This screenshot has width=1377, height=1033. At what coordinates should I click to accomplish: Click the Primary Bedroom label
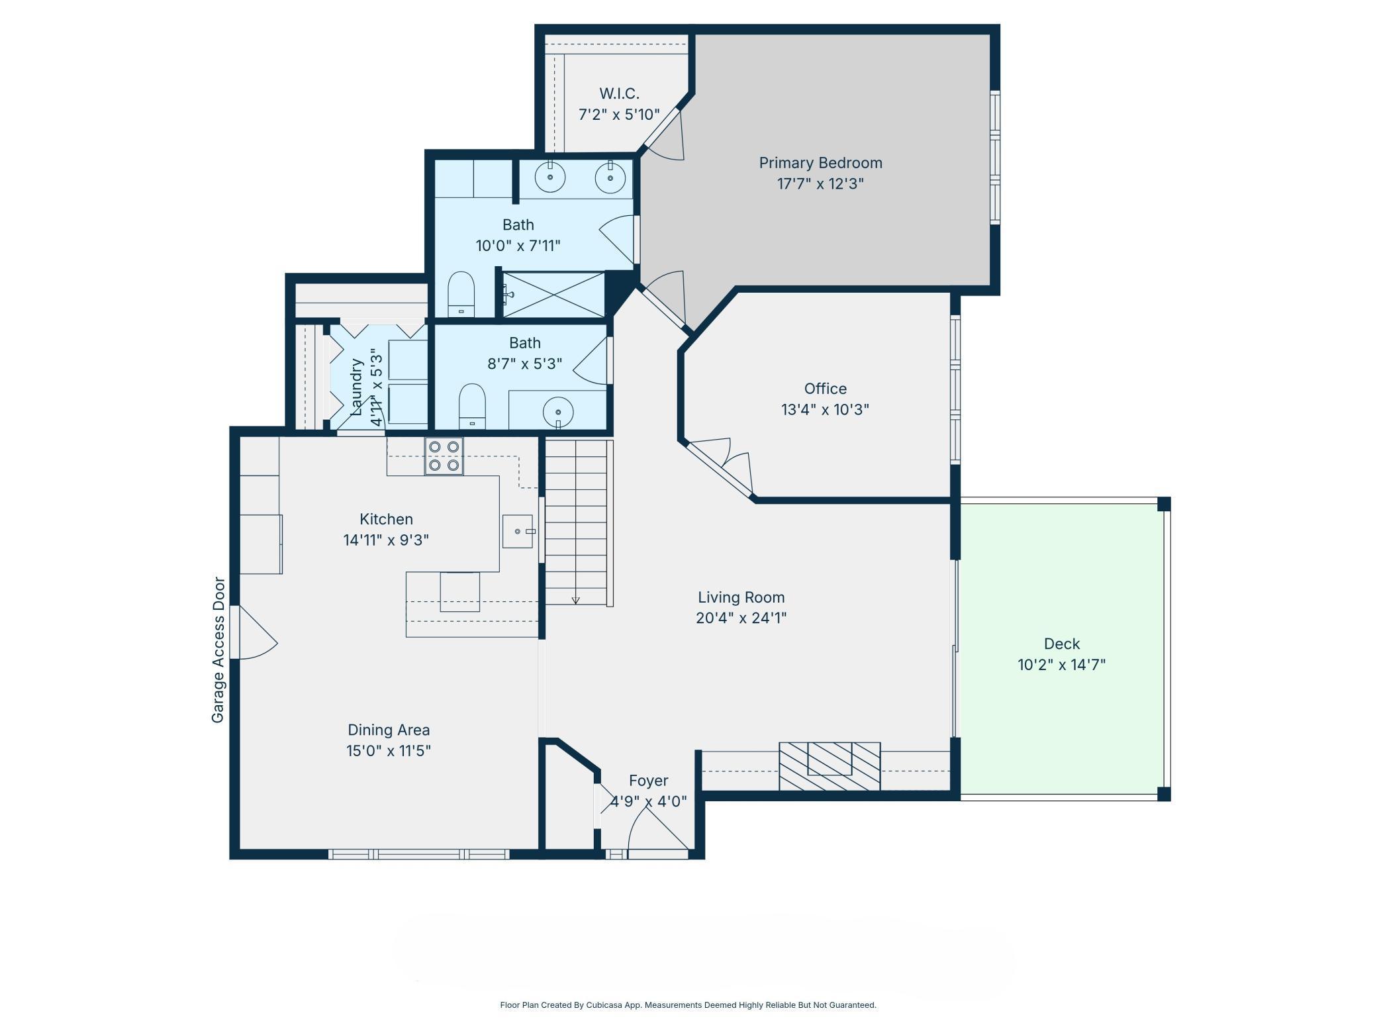point(820,163)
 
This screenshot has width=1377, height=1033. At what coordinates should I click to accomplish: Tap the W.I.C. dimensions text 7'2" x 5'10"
point(619,115)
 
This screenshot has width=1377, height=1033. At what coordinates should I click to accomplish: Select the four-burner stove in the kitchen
point(444,456)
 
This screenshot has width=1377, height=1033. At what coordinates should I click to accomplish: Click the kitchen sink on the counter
point(518,531)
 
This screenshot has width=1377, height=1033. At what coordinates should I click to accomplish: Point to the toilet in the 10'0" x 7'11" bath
point(461,295)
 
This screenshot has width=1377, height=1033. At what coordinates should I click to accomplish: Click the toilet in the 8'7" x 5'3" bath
point(472,406)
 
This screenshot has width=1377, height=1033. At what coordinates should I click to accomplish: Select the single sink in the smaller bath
point(558,412)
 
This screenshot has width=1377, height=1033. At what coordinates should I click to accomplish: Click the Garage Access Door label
point(218,650)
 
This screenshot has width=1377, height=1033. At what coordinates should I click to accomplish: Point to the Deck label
point(1062,644)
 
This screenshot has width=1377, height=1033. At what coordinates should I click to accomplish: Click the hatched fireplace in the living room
point(830,766)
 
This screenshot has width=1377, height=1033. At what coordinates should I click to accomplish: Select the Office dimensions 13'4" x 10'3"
point(825,409)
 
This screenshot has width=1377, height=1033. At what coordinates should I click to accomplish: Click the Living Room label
point(741,597)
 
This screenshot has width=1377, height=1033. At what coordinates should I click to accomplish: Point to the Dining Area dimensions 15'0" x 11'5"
point(389,751)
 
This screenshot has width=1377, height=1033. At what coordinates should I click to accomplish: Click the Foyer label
point(649,781)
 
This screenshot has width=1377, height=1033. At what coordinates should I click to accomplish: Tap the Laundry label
point(357,387)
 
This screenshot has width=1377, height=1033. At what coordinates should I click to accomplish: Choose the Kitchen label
point(386,519)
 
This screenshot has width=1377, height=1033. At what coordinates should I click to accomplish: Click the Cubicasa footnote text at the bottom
point(688,1005)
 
